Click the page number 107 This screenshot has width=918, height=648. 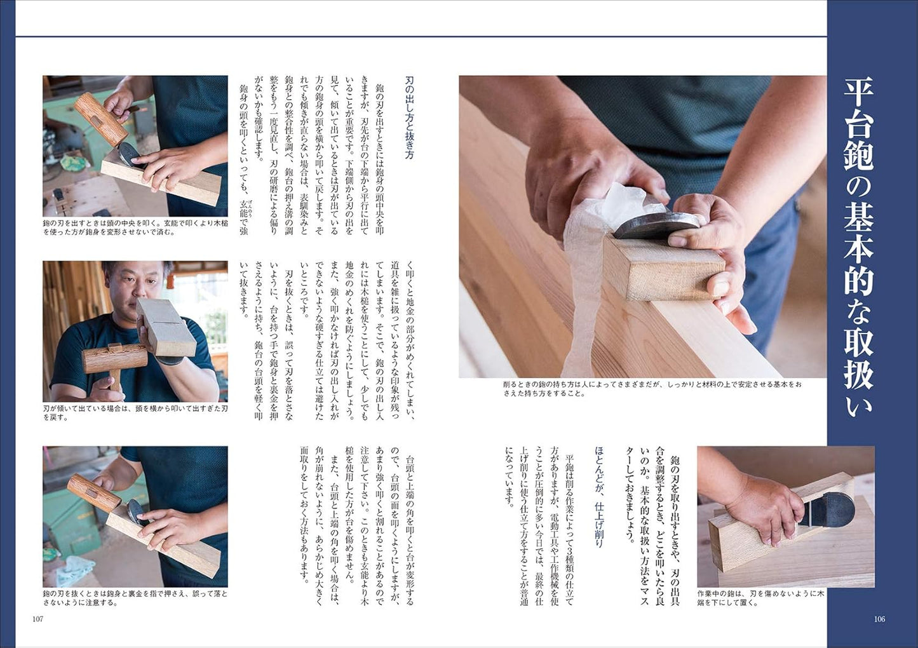[x=37, y=619]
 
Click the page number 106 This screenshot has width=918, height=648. [x=879, y=619]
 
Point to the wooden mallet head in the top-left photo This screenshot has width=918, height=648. [x=100, y=119]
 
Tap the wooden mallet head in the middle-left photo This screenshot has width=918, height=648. [x=115, y=359]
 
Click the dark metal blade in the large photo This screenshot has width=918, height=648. [x=655, y=225]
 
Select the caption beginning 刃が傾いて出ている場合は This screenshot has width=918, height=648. [x=135, y=413]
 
